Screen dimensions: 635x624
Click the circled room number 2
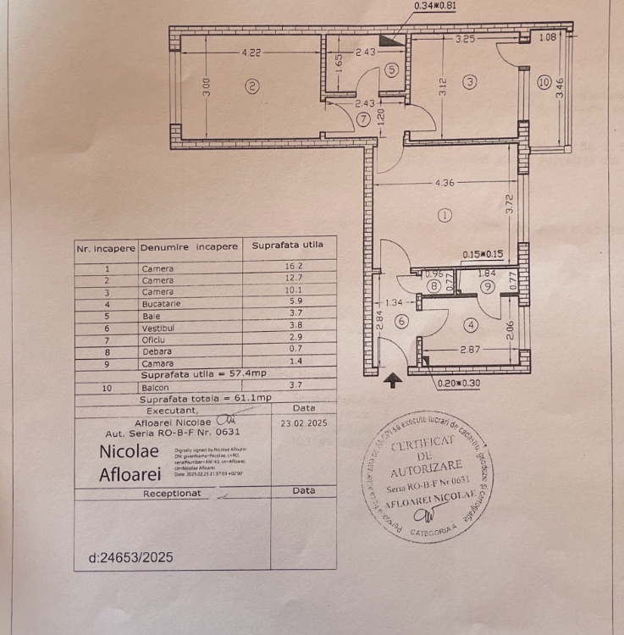(251, 84)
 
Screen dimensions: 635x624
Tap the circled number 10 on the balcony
(544, 82)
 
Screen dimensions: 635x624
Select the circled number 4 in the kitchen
(471, 324)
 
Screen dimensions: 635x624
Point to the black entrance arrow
(392, 381)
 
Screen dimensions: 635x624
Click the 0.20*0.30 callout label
(461, 383)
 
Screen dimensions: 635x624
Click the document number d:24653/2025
(130, 557)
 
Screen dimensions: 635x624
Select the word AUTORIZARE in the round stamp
(427, 466)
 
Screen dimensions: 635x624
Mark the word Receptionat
(172, 493)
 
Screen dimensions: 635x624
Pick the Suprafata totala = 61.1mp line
(206, 397)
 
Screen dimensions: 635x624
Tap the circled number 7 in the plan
(363, 119)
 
